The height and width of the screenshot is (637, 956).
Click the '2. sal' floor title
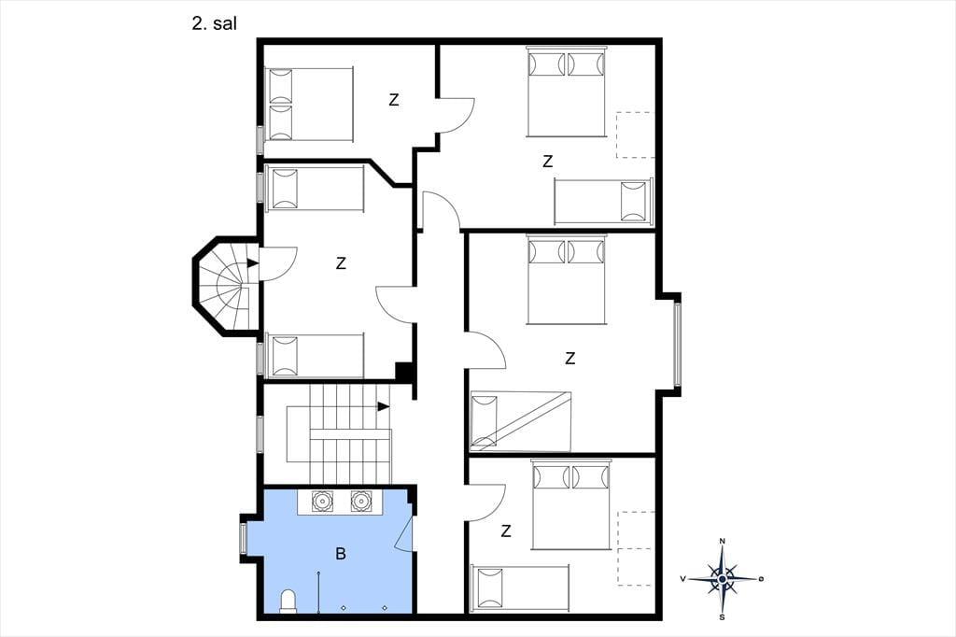coord(214,23)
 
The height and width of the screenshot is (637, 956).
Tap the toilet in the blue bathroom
coord(288,601)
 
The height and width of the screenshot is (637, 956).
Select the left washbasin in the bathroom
coord(321,501)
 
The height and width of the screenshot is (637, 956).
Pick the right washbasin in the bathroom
coord(360,501)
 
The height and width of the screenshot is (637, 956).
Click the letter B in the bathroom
coord(341,554)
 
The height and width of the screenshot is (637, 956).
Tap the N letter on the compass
coord(723,541)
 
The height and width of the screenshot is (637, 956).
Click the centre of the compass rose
coord(723,578)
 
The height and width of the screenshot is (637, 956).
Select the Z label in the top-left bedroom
coord(394,99)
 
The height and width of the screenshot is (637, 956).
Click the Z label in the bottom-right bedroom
coord(505,531)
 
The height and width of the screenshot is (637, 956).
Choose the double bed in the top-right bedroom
coord(567,92)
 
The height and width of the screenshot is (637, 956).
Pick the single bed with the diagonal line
coord(520,421)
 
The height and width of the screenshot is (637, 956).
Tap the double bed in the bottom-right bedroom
coord(570,504)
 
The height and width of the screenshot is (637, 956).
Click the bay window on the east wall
coord(677,344)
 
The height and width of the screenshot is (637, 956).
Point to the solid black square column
coord(404,372)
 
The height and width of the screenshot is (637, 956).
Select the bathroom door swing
coord(404,533)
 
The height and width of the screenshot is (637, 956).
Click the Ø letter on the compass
coord(761,578)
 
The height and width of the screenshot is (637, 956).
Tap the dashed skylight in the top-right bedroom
coord(635,134)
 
